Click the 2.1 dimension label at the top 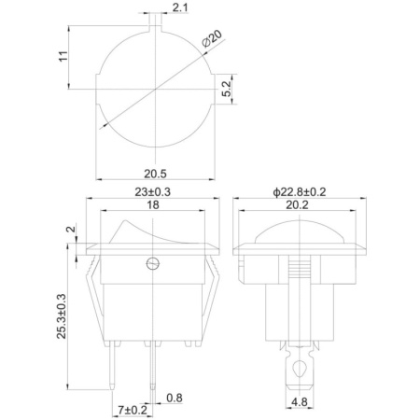point(180,7)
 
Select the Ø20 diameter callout point(212,38)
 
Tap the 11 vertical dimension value point(63,56)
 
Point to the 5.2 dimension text point(228,89)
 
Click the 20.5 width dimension point(155,174)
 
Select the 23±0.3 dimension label point(152,192)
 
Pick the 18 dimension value point(153,205)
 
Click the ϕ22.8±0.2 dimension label point(300,192)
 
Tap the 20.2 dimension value point(297,205)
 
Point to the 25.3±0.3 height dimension point(62,316)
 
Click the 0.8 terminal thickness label point(175,398)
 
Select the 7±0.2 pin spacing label point(133,410)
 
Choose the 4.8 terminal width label point(300,402)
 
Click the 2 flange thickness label point(72,230)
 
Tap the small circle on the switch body point(153,264)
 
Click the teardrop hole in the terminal point(300,369)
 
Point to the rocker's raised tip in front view point(125,221)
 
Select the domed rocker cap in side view point(299,231)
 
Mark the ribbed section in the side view point(300,268)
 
